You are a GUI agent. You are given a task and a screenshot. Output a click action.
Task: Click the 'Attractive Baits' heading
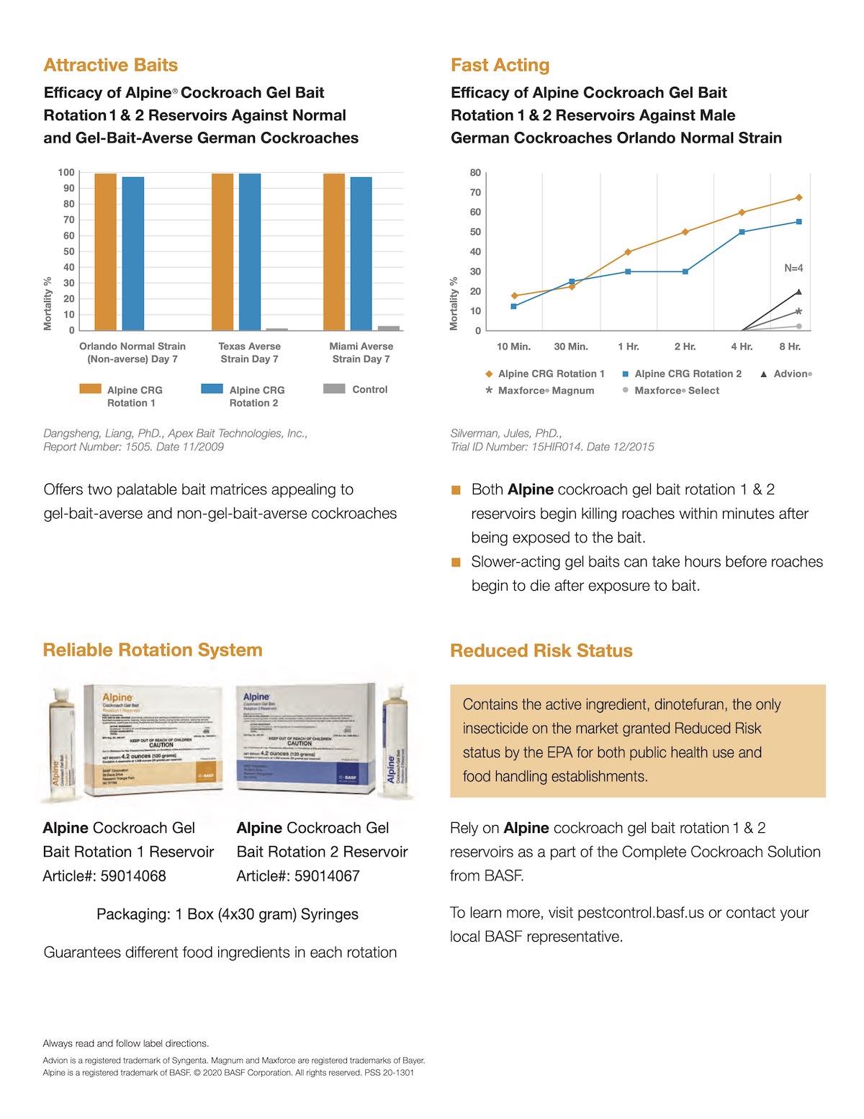pyautogui.click(x=110, y=65)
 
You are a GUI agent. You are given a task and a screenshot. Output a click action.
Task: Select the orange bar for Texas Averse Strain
pyautogui.click(x=222, y=252)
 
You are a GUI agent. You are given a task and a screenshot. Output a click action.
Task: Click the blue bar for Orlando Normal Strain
pyautogui.click(x=132, y=254)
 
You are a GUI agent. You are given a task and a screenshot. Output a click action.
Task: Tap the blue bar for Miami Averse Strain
pyautogui.click(x=361, y=254)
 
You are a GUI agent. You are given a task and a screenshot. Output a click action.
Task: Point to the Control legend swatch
pyautogui.click(x=334, y=389)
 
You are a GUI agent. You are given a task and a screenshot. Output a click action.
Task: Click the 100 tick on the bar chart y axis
pyautogui.click(x=66, y=172)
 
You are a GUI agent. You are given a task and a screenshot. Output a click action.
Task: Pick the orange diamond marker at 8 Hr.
pyautogui.click(x=798, y=197)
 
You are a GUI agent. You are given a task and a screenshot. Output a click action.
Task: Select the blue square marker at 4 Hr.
pyautogui.click(x=742, y=232)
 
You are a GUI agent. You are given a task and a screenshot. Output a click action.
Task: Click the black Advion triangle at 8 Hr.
pyautogui.click(x=798, y=292)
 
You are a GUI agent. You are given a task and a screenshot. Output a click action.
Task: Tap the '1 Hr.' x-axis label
pyautogui.click(x=628, y=347)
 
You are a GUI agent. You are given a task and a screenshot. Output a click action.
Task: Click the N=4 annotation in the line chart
pyautogui.click(x=793, y=268)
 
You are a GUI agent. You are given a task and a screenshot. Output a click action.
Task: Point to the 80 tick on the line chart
pyautogui.click(x=475, y=173)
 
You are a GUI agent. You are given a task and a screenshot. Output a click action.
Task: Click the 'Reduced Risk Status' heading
pyautogui.click(x=541, y=651)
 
